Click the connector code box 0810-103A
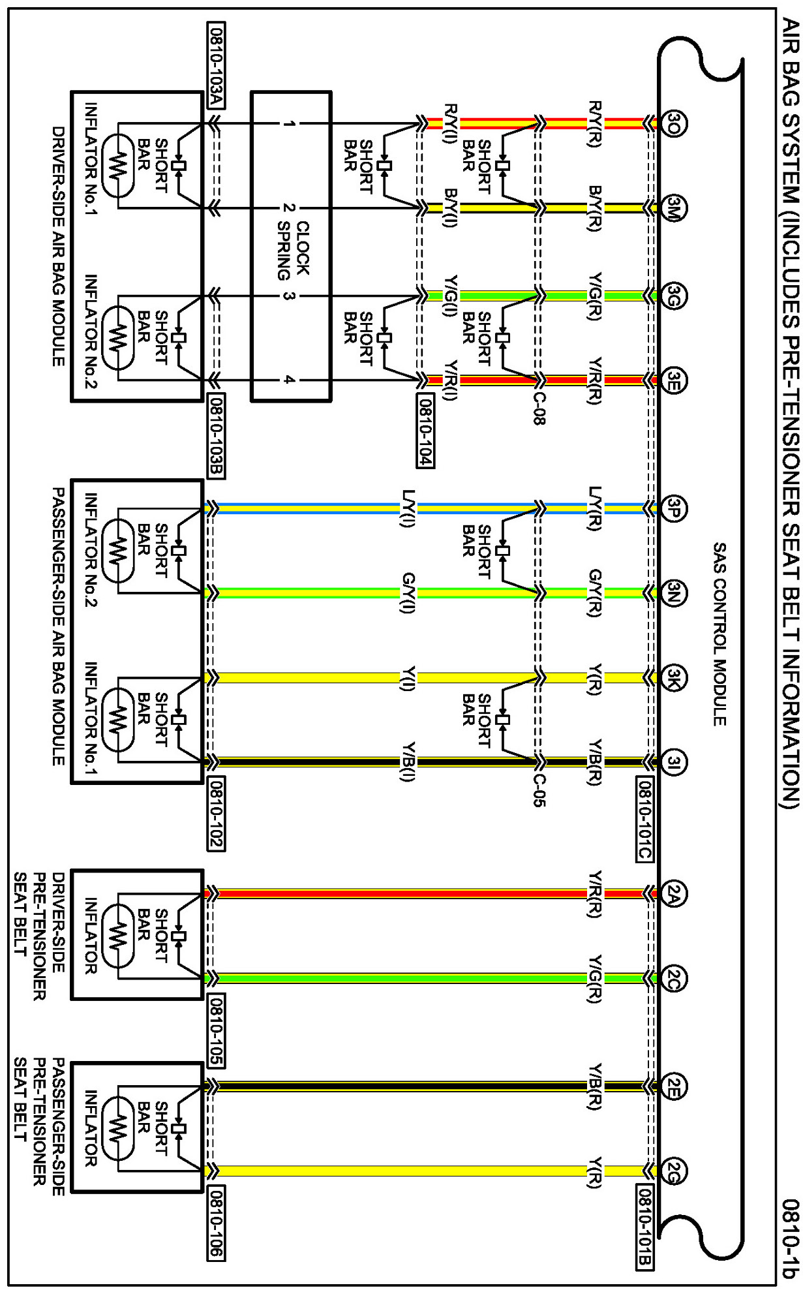(216, 65)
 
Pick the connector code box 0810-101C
(644, 819)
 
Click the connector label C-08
(539, 408)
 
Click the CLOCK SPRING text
(293, 251)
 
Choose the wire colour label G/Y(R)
(594, 592)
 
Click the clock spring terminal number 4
(286, 380)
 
